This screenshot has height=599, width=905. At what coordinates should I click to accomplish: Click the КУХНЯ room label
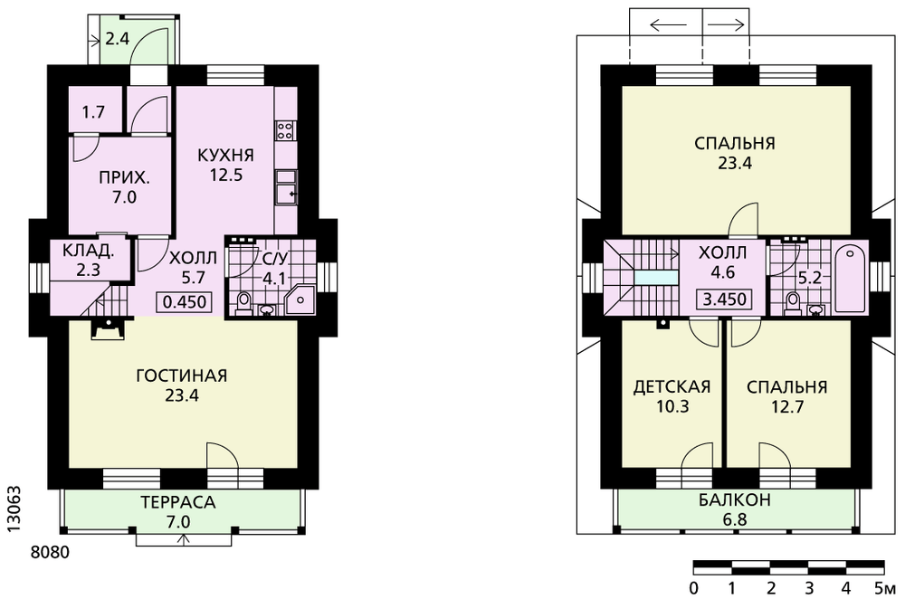(225, 156)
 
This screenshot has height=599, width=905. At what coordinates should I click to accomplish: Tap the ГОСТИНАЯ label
(182, 376)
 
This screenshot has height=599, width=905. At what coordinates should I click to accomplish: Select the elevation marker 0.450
(185, 302)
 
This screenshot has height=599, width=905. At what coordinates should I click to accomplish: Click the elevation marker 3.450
(724, 299)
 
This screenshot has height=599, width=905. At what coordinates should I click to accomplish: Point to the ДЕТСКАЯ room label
(672, 386)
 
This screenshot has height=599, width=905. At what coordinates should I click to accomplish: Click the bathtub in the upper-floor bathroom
(850, 279)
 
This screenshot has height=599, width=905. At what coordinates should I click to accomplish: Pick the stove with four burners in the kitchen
(285, 129)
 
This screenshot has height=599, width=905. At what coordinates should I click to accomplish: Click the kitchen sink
(286, 187)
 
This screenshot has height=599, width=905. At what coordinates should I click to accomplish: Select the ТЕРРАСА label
(177, 502)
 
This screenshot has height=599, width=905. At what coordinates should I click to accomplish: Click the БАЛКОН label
(735, 499)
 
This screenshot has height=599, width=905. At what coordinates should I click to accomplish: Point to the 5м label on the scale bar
(885, 588)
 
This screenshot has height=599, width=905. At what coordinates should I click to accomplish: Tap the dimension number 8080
(50, 553)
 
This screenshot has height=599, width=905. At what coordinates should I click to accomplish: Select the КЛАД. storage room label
(89, 252)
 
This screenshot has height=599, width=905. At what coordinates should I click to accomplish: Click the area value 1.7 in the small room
(93, 111)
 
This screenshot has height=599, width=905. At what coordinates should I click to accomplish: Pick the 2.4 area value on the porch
(117, 39)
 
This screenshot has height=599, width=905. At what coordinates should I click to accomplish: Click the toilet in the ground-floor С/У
(243, 303)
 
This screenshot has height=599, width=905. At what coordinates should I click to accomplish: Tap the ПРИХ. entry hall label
(124, 177)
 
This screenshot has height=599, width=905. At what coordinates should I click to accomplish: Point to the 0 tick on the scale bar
(694, 588)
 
